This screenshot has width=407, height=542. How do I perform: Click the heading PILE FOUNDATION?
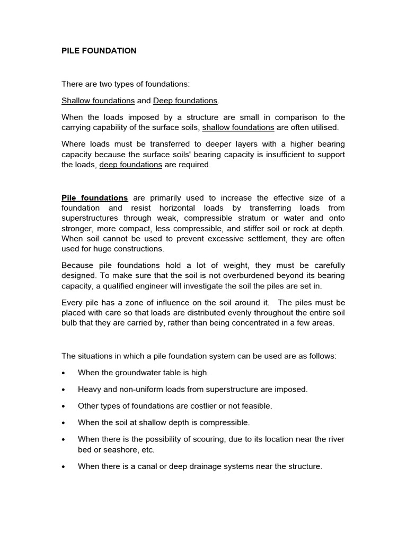(x=99, y=51)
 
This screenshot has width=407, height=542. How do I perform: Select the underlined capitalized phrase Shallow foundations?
(x=98, y=101)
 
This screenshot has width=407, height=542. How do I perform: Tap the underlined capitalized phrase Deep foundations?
(x=185, y=101)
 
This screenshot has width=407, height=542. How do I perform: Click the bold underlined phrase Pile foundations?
(x=95, y=197)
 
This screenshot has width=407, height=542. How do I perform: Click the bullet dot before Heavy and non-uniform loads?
(x=64, y=390)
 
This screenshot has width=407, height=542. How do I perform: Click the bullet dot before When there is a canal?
(x=64, y=467)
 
